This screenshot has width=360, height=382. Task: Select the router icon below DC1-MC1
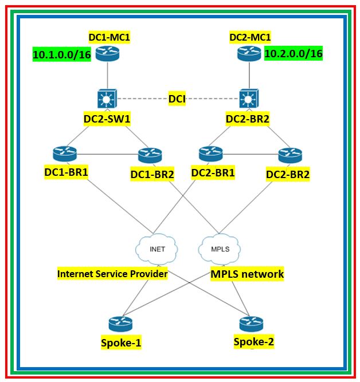tap(108, 54)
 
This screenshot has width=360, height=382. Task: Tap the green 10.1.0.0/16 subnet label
tap(62, 55)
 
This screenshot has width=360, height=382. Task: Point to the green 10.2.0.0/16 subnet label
tap(294, 54)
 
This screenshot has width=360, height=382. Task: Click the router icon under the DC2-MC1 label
tap(249, 54)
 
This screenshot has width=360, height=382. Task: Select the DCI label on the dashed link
tap(177, 99)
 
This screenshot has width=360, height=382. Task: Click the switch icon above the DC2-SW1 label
tap(108, 99)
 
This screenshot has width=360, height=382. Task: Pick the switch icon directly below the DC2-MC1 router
tap(249, 99)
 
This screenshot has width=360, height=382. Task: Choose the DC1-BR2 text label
tap(152, 174)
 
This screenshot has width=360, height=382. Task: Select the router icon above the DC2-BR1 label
tap(210, 154)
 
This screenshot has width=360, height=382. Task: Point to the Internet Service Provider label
tap(112, 274)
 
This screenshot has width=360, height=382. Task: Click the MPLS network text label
tap(247, 274)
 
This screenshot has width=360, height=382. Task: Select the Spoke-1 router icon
tap(120, 324)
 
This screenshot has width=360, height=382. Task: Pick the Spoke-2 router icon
tap(251, 324)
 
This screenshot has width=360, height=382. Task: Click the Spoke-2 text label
tap(253, 342)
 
